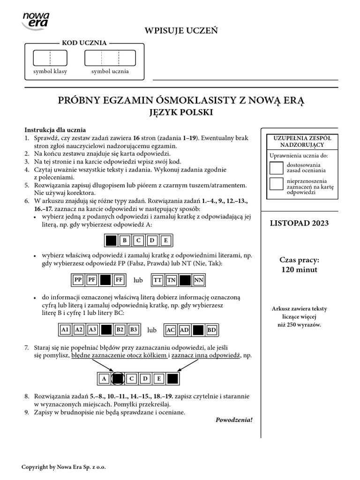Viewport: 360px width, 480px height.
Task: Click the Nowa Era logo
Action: tap(36, 21)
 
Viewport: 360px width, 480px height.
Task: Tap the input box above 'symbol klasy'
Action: tap(50, 58)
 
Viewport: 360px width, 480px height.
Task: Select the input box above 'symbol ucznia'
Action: tap(110, 58)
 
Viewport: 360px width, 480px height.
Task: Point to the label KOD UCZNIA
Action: tap(84, 43)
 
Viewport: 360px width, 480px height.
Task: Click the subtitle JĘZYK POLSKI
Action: tap(180, 112)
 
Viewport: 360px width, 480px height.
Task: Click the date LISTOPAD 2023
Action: tap(300, 223)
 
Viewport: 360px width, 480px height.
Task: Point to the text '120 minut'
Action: tap(300, 270)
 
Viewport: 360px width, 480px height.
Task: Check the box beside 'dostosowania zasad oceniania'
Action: tap(277, 168)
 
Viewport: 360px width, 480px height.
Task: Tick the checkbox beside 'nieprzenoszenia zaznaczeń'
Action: tap(277, 184)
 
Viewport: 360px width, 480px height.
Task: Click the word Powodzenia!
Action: tap(234, 420)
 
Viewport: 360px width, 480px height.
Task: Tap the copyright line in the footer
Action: tap(67, 467)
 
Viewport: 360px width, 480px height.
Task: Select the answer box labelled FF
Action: tap(119, 280)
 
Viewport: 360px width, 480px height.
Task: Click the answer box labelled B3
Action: tap(134, 330)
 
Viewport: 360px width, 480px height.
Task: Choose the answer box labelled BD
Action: tap(212, 330)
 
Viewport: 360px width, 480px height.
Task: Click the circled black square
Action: tap(119, 378)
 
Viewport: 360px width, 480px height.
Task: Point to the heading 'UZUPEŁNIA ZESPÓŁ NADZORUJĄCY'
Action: tap(300, 142)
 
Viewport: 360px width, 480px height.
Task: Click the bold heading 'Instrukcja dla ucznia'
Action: tap(55, 130)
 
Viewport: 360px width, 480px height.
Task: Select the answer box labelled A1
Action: tap(65, 330)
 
